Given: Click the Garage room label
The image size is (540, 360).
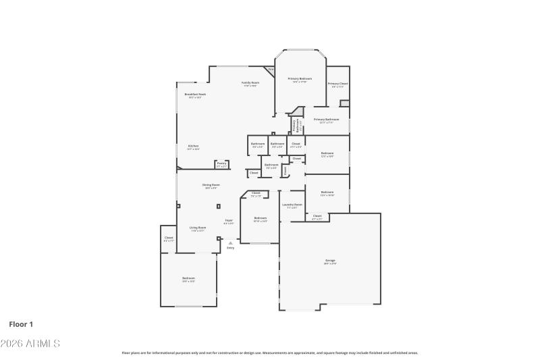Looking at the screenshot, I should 330,261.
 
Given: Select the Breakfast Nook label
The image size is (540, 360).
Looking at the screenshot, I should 195,95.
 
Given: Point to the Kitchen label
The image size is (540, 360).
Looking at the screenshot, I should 193,147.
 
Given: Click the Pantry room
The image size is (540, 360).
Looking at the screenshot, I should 221,163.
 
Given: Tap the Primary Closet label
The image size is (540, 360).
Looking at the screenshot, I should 337,85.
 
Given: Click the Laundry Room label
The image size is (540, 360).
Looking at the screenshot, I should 292,205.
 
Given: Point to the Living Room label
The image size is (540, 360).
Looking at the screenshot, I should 197,228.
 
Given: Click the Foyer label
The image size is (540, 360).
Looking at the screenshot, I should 229,221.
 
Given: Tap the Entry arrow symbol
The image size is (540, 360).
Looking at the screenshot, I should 230,242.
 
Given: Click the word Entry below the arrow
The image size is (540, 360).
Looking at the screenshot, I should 230,248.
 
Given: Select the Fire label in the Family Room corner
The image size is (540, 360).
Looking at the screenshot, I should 271,70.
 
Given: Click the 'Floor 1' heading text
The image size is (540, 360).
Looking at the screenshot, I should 21,324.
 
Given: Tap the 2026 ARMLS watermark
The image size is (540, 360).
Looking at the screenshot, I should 30,344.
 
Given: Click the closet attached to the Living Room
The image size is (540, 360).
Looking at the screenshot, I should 169,238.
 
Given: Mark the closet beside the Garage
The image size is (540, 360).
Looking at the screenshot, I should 317,217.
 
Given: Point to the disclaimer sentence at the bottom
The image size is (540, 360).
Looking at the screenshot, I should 269,353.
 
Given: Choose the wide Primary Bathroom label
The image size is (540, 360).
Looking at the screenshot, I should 327,121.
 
